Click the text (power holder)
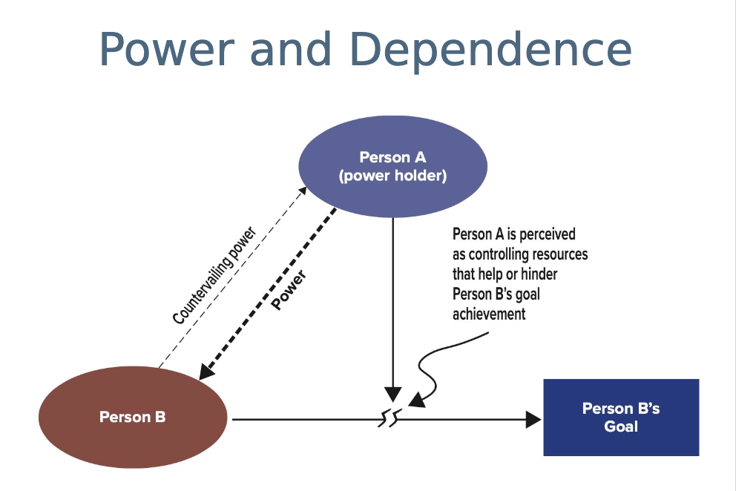pos(392,177)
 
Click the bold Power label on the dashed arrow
pos(289,289)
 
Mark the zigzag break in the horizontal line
pos(391,420)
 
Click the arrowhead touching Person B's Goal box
pos(533,420)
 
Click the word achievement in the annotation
pos(489,314)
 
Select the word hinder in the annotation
pos(538,274)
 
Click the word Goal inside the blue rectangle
pos(621,426)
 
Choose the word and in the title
pos(290,50)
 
